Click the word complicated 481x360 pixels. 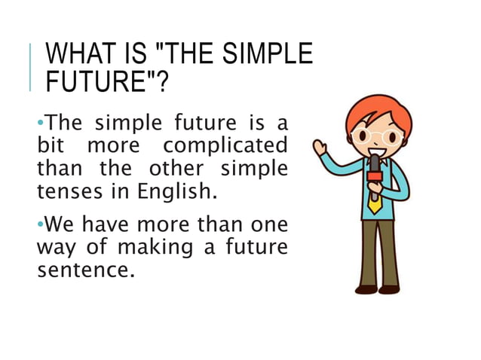click(225, 144)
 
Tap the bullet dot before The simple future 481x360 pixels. click(40, 121)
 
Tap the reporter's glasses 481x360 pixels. click(375, 138)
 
